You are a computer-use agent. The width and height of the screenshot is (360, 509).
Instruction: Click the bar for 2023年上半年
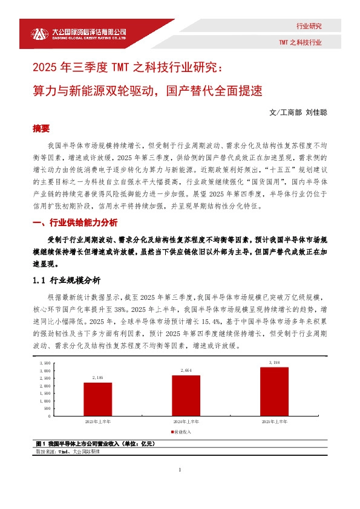(97, 399)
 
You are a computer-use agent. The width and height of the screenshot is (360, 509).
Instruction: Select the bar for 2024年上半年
(186, 395)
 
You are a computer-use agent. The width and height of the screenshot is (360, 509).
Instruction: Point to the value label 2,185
(97, 378)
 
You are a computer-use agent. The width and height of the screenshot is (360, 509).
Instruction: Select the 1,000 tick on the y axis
(45, 401)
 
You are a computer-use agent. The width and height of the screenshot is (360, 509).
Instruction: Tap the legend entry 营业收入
(182, 432)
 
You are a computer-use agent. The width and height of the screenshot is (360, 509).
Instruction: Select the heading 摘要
(41, 129)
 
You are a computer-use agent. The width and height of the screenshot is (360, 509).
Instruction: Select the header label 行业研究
(309, 26)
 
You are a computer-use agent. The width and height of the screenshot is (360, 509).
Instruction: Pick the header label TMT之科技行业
(300, 43)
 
